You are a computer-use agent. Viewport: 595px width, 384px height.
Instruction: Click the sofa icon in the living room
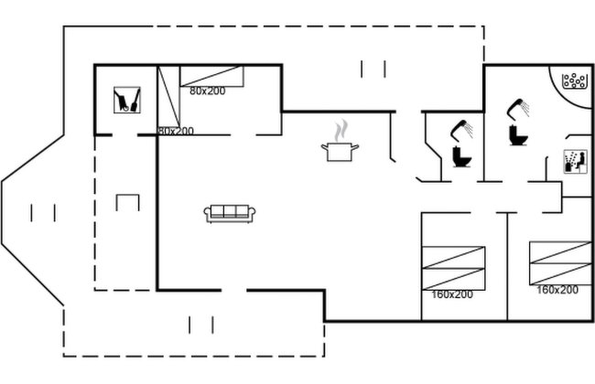pyautogui.click(x=230, y=213)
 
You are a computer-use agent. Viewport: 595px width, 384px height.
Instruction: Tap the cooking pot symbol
pyautogui.click(x=340, y=152)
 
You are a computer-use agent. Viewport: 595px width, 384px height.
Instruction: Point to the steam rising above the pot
pyautogui.click(x=341, y=131)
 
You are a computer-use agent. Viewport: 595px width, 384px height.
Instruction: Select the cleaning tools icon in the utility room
pyautogui.click(x=127, y=100)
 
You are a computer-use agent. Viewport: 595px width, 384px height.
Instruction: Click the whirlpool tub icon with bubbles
pyautogui.click(x=574, y=80)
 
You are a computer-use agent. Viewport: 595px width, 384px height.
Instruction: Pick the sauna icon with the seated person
pyautogui.click(x=575, y=162)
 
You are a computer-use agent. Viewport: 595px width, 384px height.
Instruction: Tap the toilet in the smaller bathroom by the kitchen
pyautogui.click(x=461, y=157)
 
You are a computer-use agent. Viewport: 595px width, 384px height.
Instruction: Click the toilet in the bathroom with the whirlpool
pyautogui.click(x=518, y=135)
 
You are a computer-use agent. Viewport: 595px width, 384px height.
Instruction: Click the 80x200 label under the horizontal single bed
pyautogui.click(x=208, y=91)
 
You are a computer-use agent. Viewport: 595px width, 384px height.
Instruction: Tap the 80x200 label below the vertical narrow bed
pyautogui.click(x=176, y=131)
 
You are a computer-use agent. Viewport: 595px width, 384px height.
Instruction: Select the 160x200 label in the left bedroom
pyautogui.click(x=452, y=294)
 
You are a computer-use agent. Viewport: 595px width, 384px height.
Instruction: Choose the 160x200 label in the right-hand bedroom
pyautogui.click(x=557, y=290)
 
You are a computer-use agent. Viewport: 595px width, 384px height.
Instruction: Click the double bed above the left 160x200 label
pyautogui.click(x=453, y=269)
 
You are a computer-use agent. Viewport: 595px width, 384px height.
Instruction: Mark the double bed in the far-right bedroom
pyautogui.click(x=560, y=263)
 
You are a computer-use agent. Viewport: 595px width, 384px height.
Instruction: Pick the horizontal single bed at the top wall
pyautogui.click(x=211, y=76)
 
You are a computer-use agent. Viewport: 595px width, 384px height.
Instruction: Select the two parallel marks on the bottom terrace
pyautogui.click(x=201, y=325)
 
